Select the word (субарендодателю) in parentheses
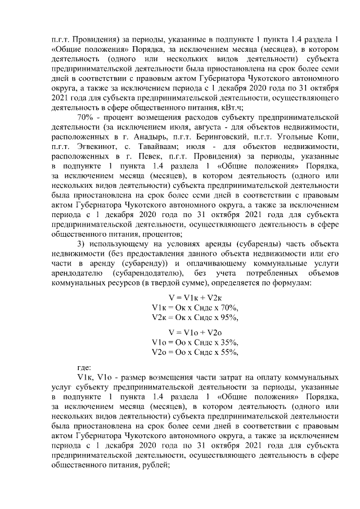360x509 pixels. pyautogui.click(x=147, y=272)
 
